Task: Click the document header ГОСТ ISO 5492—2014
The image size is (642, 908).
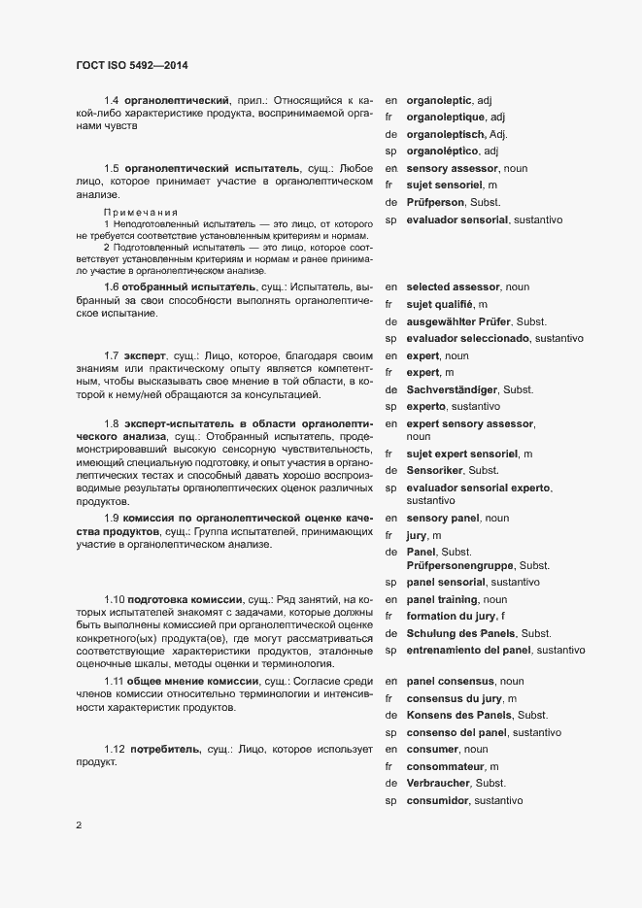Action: (132, 66)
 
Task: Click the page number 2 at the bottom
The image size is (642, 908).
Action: (78, 826)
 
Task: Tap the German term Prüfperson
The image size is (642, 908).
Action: (443, 203)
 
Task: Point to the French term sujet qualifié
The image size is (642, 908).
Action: (447, 304)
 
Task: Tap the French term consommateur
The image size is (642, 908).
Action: (452, 766)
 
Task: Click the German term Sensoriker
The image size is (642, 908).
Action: (439, 470)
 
